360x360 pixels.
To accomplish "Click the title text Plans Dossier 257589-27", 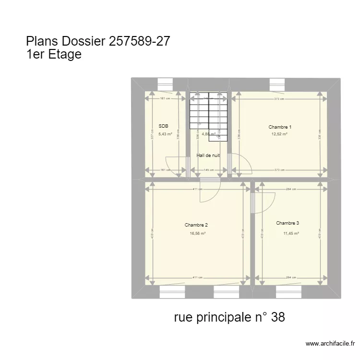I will click(98, 41).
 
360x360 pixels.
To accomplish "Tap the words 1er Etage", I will click(54, 55).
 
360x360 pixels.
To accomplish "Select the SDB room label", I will click(164, 127).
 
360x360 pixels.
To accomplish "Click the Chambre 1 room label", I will click(280, 127).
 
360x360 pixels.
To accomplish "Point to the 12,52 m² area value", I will click(279, 134).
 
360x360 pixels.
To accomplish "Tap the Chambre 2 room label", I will click(196, 225).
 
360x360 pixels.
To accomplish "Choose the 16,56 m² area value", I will click(197, 233).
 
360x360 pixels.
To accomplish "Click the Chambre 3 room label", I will click(288, 223).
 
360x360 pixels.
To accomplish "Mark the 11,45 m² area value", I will click(291, 233).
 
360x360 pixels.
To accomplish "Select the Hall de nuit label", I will click(208, 156).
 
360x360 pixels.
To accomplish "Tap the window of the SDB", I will click(166, 84).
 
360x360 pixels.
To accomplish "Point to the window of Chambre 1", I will click(276, 84).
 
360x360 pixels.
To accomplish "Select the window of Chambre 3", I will click(289, 291).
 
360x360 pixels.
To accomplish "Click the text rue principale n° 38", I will click(230, 317).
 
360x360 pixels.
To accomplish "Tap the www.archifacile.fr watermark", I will click(330, 344).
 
